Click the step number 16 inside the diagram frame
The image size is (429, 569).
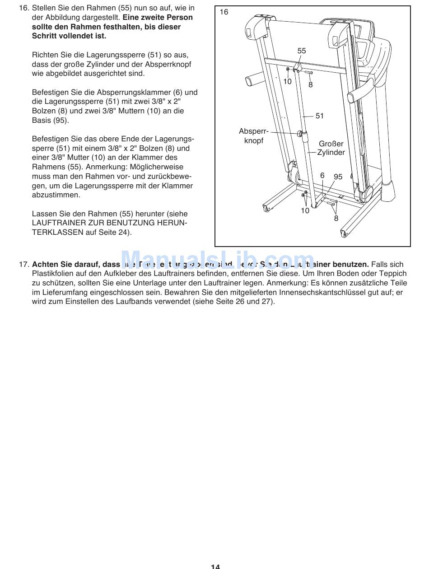[224, 12]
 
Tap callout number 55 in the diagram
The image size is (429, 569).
[302, 51]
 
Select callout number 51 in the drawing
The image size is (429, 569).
[320, 116]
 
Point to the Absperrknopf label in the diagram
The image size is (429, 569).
[254, 136]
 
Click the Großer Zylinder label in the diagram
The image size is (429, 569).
[331, 148]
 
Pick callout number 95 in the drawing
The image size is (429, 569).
[338, 177]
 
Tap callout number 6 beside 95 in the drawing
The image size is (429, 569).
[322, 176]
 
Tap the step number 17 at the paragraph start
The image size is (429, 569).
[24, 264]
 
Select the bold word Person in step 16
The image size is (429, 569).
[180, 18]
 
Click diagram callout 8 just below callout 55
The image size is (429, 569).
[311, 84]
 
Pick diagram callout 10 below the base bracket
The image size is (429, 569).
[305, 210]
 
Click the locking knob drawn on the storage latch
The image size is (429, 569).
[300, 133]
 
